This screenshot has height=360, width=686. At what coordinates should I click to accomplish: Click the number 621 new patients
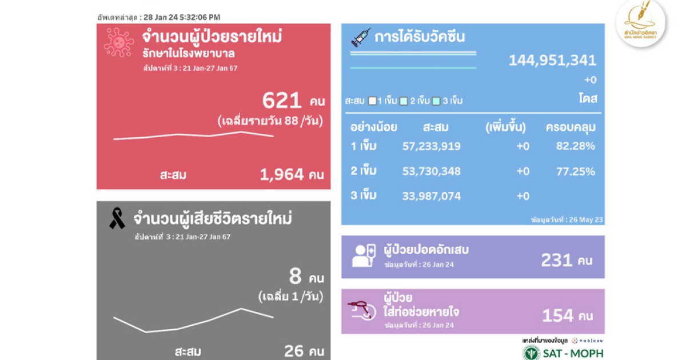click(x=282, y=101)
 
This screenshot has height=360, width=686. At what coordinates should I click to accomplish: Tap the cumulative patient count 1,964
click(x=282, y=175)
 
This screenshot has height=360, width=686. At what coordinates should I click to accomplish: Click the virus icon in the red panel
click(x=119, y=43)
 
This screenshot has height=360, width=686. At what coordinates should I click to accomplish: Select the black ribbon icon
click(x=117, y=218)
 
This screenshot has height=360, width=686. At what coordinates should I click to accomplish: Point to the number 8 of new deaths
click(x=296, y=277)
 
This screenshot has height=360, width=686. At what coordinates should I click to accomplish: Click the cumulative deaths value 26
click(x=294, y=350)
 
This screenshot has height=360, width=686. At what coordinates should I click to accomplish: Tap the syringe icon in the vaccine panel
click(x=361, y=38)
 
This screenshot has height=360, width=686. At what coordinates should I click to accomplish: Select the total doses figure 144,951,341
click(x=552, y=60)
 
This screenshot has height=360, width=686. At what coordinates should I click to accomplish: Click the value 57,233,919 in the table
click(x=432, y=146)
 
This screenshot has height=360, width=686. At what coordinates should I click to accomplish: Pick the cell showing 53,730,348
click(x=432, y=171)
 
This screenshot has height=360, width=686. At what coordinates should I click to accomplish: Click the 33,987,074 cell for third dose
click(x=432, y=196)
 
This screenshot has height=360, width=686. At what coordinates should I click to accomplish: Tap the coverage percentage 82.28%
click(x=576, y=146)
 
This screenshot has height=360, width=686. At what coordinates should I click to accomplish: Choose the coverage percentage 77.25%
click(x=576, y=171)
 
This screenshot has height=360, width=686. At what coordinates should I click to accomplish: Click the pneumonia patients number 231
click(x=557, y=260)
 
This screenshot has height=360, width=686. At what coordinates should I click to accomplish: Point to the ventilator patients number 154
click(x=557, y=315)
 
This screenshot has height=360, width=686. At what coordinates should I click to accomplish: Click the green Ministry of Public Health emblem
click(x=531, y=353)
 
